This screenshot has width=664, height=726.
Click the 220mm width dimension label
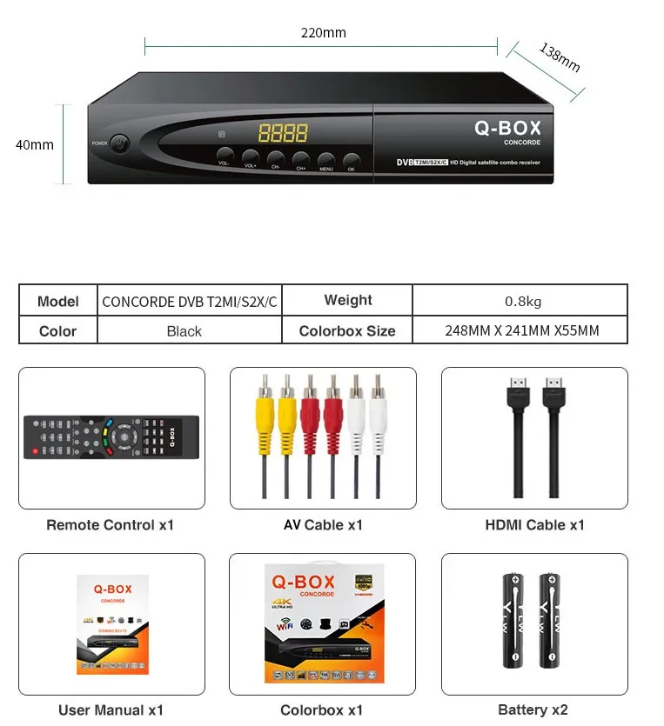pos(323,33)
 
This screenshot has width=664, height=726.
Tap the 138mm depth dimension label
pos(559,57)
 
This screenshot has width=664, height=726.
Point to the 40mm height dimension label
pos(35,145)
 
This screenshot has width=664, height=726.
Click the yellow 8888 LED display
pos(282,133)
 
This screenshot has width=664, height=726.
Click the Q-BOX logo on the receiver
pos(507,129)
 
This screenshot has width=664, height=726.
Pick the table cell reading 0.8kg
pos(523,301)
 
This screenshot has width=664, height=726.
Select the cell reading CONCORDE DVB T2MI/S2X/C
pos(190,302)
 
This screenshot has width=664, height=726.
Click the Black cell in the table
pos(184,331)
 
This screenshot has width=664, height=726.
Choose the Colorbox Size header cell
pos(346,331)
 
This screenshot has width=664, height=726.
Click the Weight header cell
pos(348,301)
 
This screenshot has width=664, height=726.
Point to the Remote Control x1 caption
pos(111,525)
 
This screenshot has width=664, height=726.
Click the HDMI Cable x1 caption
pos(534,525)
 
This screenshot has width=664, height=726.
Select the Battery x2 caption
pos(533,710)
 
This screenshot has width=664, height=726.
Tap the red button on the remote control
pos(35,451)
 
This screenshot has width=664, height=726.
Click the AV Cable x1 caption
pos(323,525)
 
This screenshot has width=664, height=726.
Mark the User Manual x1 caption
pos(111,710)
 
